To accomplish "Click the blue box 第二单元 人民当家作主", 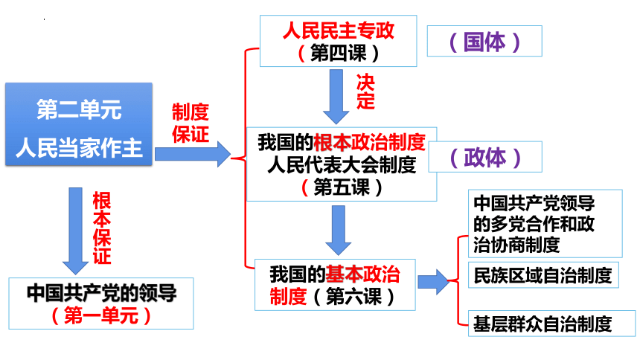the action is click(79, 124).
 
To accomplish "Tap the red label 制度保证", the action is click(191, 123).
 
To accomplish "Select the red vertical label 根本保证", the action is click(102, 228).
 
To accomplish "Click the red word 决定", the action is click(365, 91).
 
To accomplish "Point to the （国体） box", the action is click(484, 41).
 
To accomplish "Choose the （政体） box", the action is click(485, 157).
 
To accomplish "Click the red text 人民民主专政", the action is click(339, 30).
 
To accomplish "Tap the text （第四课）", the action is click(339, 53).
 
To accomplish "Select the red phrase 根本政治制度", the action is click(370, 142).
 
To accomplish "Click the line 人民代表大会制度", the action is click(342, 165).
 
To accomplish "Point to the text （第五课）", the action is click(342, 187).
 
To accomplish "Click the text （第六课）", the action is click(354, 296).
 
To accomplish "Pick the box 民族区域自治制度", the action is click(543, 275).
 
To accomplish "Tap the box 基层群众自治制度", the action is click(552, 324).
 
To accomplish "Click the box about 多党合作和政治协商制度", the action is click(545, 224).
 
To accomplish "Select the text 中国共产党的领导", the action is click(102, 293).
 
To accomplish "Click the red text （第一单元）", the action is click(101, 315).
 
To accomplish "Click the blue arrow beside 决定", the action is click(336, 97).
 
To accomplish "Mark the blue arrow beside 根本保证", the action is click(75, 231).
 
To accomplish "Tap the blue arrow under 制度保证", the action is click(193, 154).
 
